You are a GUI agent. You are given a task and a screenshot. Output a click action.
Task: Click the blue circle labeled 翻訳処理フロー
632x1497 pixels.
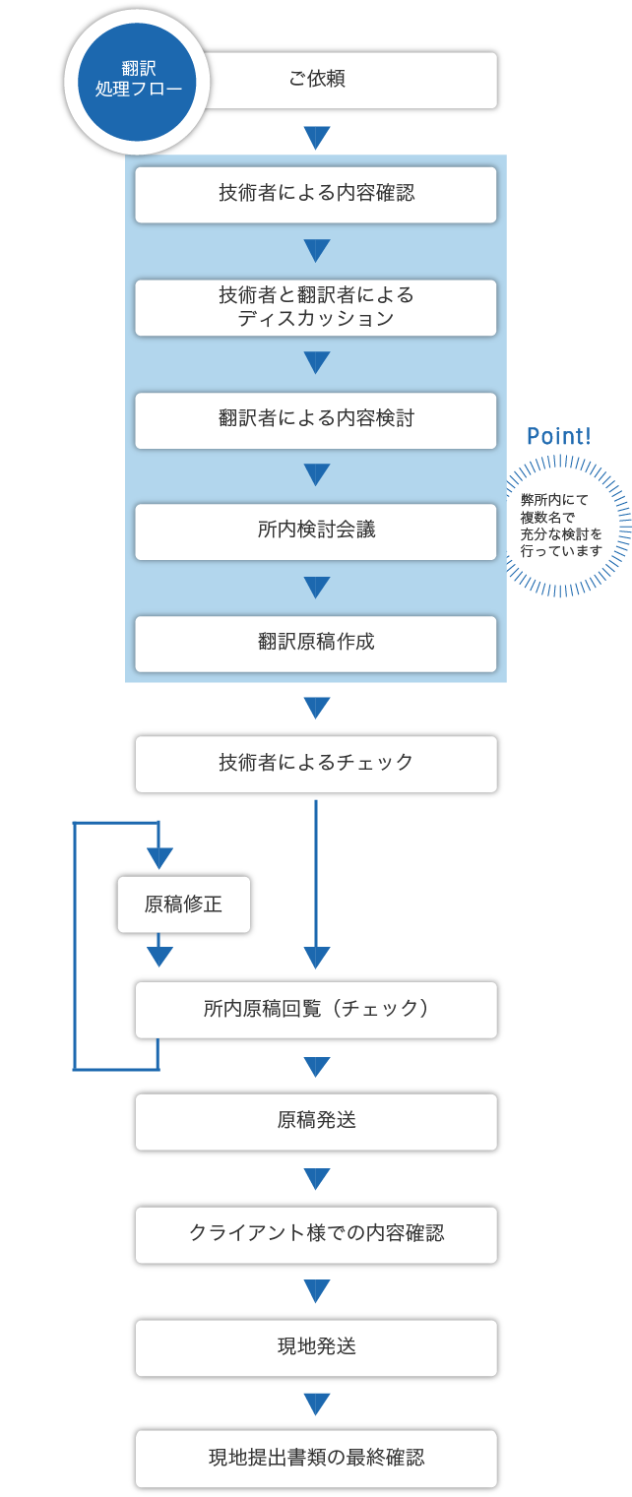tap(137, 82)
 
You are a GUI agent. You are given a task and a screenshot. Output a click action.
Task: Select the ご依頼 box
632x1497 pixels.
tap(348, 80)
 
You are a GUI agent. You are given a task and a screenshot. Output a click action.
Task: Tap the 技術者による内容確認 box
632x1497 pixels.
tap(316, 195)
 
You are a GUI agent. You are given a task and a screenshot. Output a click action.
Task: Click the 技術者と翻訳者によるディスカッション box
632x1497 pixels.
tap(316, 307)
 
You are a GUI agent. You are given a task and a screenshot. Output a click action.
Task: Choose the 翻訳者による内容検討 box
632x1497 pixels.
tap(316, 420)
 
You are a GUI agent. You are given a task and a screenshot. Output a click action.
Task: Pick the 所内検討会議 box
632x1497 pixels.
tap(316, 531)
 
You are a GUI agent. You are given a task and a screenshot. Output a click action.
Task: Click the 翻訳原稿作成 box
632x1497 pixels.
tap(316, 644)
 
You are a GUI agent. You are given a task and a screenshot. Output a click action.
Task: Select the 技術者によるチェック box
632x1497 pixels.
tap(316, 764)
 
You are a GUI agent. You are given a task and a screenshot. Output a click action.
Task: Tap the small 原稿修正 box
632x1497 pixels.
tap(184, 904)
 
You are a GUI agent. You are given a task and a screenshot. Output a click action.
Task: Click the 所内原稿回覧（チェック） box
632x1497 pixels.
tap(316, 1010)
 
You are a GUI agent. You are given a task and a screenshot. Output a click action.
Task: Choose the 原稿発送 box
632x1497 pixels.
tap(316, 1122)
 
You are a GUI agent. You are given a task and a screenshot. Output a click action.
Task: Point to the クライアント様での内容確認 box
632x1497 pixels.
tap(316, 1235)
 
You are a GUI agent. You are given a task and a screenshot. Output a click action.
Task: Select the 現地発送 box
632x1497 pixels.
tap(316, 1348)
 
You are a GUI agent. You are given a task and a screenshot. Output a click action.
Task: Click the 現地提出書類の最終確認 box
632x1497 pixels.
tap(316, 1459)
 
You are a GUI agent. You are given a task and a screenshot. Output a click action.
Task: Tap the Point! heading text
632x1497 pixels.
tap(559, 436)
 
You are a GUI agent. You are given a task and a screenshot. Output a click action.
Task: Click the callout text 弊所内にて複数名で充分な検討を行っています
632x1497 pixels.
tap(561, 526)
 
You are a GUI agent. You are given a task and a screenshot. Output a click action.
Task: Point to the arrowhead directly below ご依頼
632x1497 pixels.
tap(316, 138)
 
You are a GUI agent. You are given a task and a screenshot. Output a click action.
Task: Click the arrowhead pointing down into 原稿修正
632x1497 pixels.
tap(159, 857)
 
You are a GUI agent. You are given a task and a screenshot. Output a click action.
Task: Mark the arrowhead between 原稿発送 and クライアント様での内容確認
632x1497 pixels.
tap(316, 1179)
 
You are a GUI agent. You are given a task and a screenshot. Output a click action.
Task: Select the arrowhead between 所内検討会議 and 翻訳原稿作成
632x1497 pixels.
tap(316, 587)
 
